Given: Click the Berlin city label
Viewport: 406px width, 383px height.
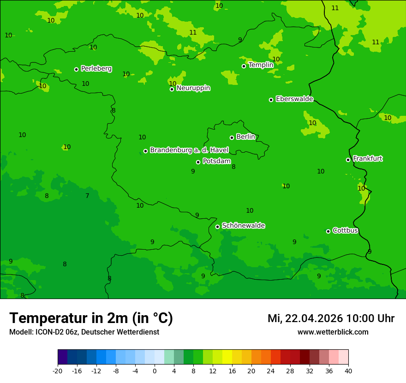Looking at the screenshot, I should click(x=245, y=137).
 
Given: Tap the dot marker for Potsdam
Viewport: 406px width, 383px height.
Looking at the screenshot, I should click(x=198, y=162).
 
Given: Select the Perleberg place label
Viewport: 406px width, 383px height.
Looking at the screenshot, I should click(x=96, y=69).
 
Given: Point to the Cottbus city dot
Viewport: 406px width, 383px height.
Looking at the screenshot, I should click(x=328, y=231).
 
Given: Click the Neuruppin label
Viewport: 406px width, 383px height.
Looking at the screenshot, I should click(x=193, y=88).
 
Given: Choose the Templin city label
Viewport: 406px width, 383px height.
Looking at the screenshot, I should click(x=261, y=65).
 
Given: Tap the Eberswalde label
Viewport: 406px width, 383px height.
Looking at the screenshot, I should click(x=294, y=99).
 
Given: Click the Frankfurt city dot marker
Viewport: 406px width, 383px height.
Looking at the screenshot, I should click(x=348, y=160).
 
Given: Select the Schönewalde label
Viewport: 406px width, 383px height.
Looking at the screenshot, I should click(x=243, y=226).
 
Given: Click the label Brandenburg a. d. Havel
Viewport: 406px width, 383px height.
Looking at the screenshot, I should click(x=189, y=150).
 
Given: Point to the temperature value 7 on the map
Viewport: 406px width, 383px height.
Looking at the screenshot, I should click(x=87, y=196).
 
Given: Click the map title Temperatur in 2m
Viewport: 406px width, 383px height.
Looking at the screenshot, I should click(x=91, y=318).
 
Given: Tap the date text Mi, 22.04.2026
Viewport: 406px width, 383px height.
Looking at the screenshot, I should click(x=305, y=318).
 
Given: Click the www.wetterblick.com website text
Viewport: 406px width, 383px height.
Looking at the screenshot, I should click(x=333, y=332).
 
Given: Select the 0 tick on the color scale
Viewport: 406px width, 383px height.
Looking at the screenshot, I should click(x=155, y=371).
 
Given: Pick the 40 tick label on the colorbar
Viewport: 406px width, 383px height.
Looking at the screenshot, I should click(x=348, y=371).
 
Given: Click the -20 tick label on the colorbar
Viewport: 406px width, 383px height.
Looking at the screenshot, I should click(x=58, y=371).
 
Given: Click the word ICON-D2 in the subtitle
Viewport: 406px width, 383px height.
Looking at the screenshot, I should click(x=52, y=332).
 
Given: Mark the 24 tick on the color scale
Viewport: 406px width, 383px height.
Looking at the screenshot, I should click(x=271, y=371).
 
